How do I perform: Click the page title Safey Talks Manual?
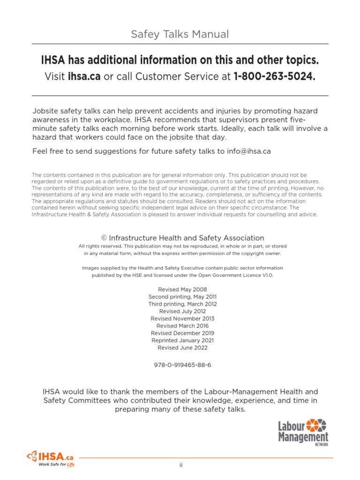pos(180,34)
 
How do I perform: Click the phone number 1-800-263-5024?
pos(274,76)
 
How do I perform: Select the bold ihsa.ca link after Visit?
pos(84,76)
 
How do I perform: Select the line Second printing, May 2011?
pos(182,297)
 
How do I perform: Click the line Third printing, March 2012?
pos(182,304)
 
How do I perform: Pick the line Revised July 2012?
pos(182,311)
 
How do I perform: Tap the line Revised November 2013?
pos(182,319)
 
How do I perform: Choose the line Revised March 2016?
pos(182,326)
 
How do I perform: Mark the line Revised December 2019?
pos(182,333)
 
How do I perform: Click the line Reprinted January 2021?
pos(182,340)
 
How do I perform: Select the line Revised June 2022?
pos(182,348)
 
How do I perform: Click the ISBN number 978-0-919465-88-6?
pos(182,365)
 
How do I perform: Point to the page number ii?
pos(180,465)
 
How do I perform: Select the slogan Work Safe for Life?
pos(56,465)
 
